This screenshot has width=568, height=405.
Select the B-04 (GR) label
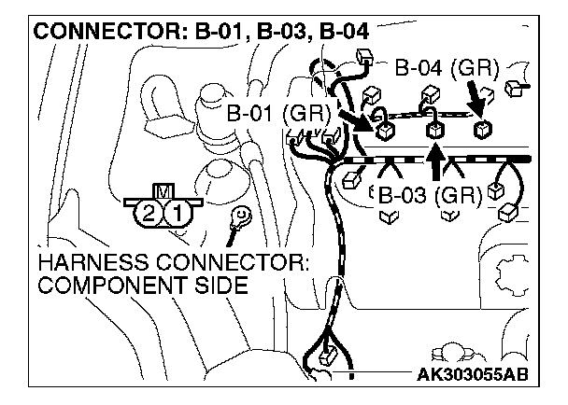coord(447,68)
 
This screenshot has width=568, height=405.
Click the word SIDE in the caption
coord(220,285)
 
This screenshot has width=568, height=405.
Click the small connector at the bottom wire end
coord(326,356)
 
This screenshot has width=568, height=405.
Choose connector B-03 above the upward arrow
coord(435,130)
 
